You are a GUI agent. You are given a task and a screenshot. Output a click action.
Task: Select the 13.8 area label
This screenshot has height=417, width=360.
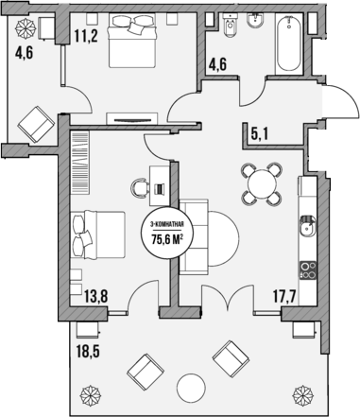coord(95,296)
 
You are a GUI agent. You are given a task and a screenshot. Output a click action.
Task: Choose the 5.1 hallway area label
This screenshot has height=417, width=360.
coord(261,133)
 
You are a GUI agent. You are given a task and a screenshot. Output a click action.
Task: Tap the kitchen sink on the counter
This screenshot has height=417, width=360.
coord(307,226)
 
